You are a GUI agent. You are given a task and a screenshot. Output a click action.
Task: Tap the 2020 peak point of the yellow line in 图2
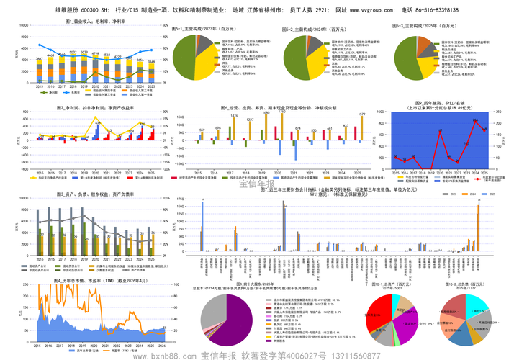point(97,123)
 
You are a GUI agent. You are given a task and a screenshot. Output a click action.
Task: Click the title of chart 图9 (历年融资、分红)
point(441,107)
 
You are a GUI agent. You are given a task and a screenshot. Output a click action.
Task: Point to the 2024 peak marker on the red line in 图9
point(475,121)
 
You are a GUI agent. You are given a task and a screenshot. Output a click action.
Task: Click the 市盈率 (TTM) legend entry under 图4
point(118,351)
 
